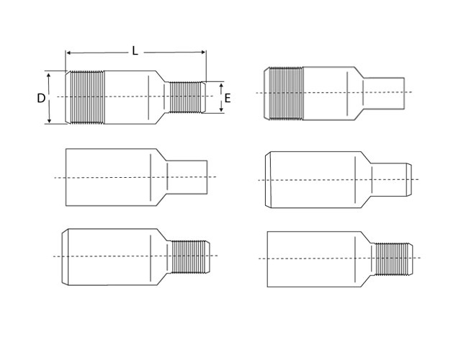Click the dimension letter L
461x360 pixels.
135,51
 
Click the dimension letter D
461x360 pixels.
41,98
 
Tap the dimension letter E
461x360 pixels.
228,98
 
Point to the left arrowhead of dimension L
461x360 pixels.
68,53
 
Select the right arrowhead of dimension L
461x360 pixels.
203,53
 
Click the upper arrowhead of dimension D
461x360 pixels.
49,75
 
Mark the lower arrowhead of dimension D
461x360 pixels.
50,120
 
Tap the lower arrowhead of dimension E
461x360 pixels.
221,109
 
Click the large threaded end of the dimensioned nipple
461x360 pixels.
85,97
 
